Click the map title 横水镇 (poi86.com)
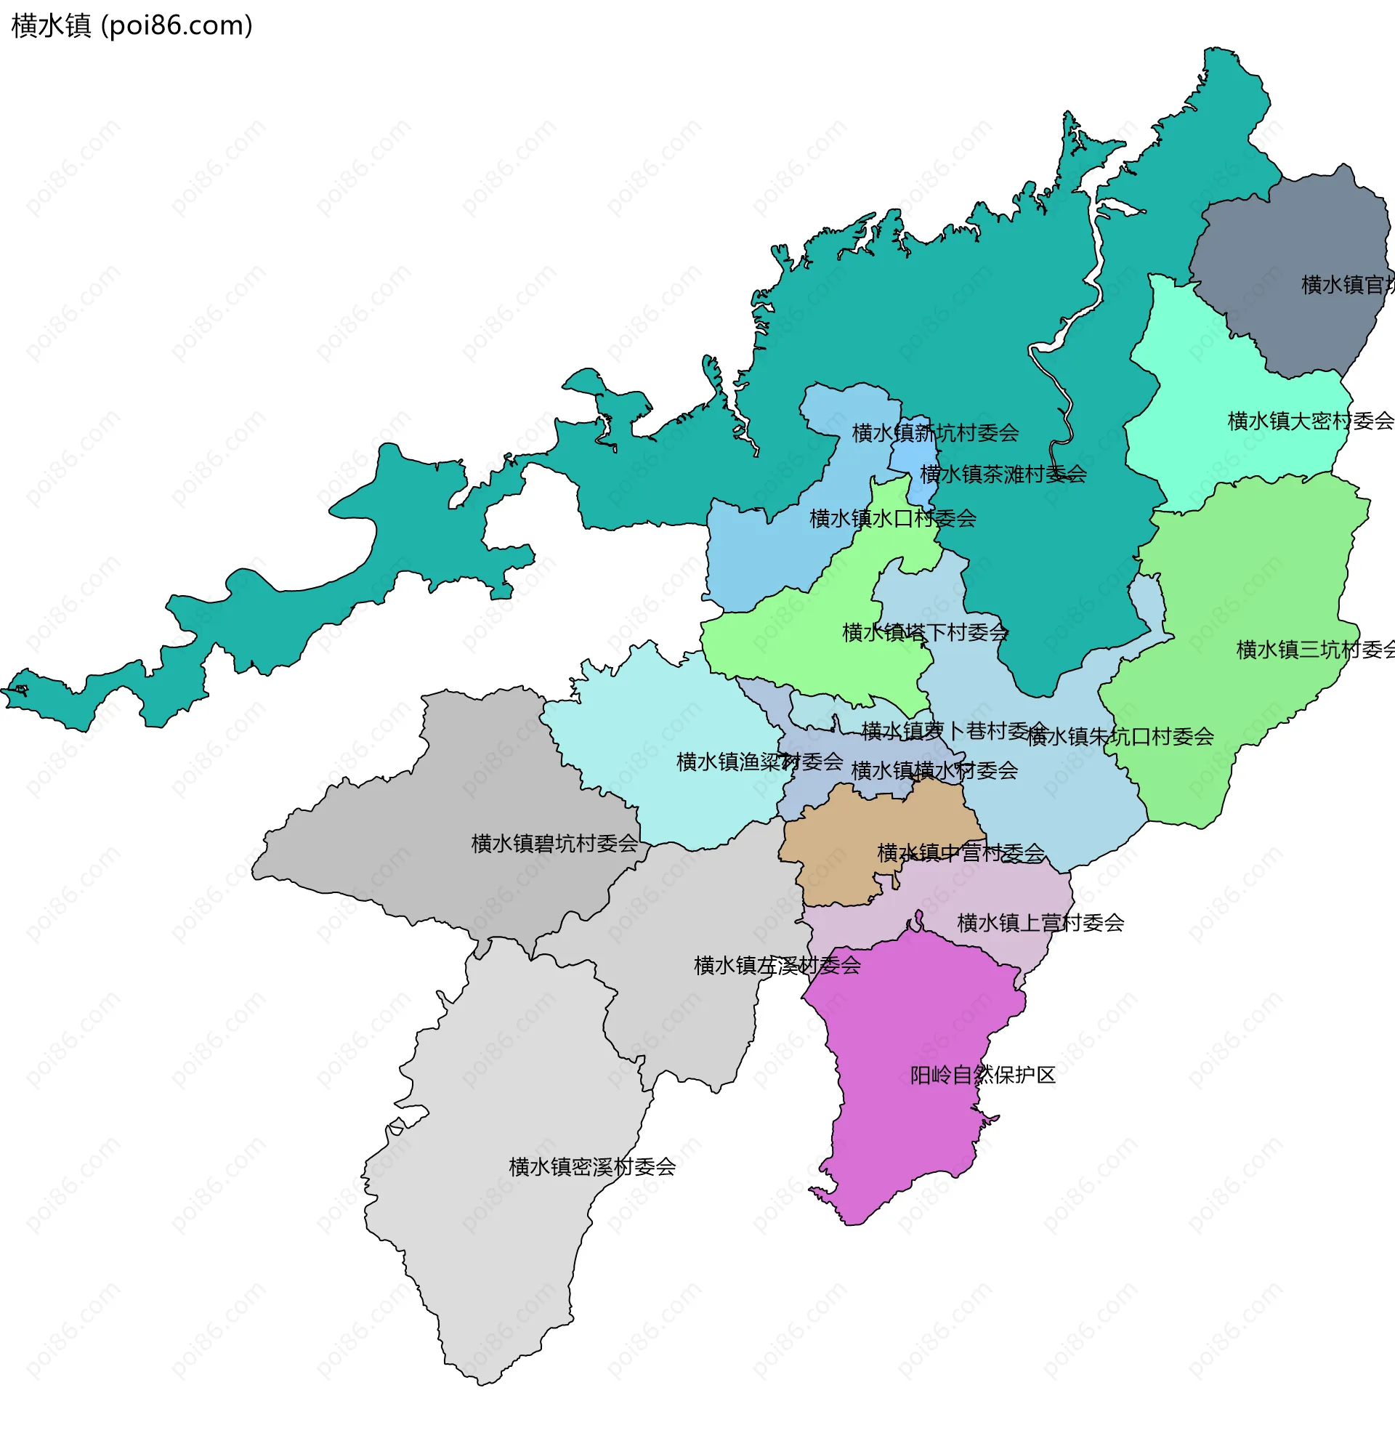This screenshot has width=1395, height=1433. tap(132, 25)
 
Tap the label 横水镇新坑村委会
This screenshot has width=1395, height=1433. tap(935, 433)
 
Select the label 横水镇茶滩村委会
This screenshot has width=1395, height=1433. tap(1003, 474)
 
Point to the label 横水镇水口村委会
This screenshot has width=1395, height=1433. tap(892, 519)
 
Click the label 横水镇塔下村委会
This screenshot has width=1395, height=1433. tap(926, 632)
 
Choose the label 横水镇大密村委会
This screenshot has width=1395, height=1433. tap(1310, 421)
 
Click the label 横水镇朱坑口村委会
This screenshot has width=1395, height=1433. tap(1120, 736)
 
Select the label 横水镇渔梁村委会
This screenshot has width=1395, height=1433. tap(760, 762)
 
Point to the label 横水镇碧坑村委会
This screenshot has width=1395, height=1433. tap(554, 843)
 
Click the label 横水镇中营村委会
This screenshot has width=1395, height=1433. tap(961, 853)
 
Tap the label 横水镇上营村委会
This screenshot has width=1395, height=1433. tap(1040, 922)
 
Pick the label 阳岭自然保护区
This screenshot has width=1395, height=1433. tap(982, 1075)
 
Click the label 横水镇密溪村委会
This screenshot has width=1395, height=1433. tap(592, 1166)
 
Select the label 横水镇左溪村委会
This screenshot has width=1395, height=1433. tap(777, 966)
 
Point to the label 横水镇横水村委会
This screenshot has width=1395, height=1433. tap(934, 771)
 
